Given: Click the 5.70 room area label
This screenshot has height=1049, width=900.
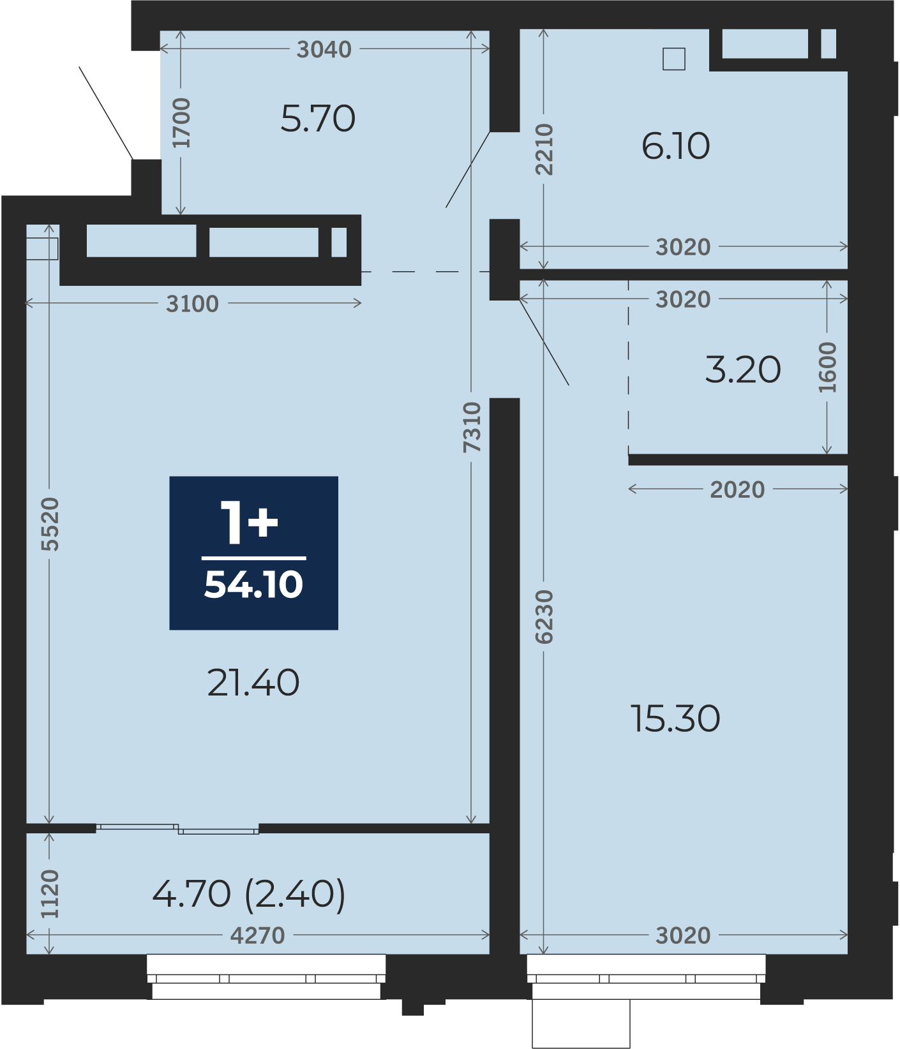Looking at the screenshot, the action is point(318,119).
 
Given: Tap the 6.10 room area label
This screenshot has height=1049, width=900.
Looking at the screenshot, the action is point(675,146).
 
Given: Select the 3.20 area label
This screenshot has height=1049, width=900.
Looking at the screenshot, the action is point(743,369).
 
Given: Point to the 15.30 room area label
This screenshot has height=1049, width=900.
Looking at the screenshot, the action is point(675,718).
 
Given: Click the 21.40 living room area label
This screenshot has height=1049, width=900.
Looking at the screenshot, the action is point(253,683).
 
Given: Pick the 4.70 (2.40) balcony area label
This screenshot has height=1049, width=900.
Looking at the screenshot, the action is point(249,893).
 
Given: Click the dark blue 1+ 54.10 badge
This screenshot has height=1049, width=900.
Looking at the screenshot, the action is point(253,553).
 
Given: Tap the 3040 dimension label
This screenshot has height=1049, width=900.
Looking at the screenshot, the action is point(324,49).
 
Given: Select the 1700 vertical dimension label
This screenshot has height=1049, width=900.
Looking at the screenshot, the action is point(181,123).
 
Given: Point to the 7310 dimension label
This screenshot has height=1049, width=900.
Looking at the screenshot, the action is point(472,428).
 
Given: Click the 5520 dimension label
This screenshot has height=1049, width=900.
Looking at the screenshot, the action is point(49,524).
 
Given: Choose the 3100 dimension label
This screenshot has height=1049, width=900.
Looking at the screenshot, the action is point(192,304).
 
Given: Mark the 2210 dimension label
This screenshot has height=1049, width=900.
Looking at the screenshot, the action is point(544,149).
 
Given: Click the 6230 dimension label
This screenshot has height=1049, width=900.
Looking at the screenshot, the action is point(544,616).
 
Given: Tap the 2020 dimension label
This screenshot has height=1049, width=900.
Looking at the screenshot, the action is point(737,489).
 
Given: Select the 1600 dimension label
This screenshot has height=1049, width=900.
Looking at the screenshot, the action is point(827,368).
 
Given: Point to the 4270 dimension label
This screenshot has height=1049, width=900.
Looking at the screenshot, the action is point(257,935).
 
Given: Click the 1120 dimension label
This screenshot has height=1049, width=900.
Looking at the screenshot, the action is point(49,894).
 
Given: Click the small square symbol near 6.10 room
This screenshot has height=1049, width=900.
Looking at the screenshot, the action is point(673,59).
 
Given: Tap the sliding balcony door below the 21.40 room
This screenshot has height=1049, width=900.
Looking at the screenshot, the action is point(177,829).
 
